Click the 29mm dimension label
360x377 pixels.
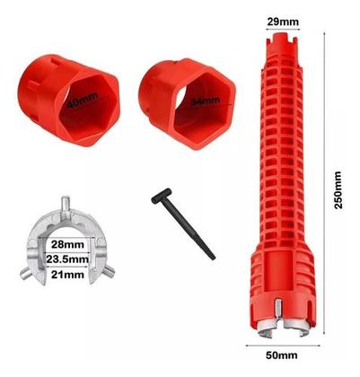pos(283,22)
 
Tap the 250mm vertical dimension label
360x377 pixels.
pos(338,190)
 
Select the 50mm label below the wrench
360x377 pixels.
pos(282,355)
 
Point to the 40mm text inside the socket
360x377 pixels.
pos(83,100)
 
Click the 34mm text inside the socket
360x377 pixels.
pos(206,101)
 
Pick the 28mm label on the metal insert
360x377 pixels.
pos(67,244)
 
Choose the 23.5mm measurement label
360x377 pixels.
pos(67,259)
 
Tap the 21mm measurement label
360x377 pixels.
pos(67,274)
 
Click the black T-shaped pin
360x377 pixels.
pos(183,223)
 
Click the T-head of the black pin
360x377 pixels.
pos(161,196)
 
